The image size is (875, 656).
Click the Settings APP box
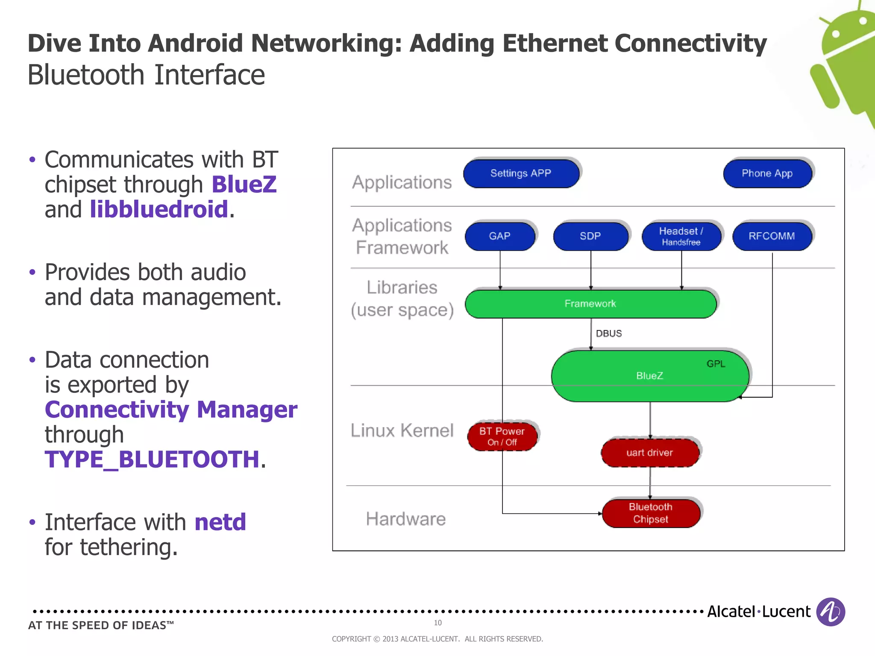point(521,173)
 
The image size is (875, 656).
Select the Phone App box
point(767,173)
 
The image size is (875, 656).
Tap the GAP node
point(499,236)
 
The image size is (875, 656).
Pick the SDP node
point(590,236)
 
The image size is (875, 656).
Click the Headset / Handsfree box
point(681,236)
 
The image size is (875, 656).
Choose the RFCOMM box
point(772,236)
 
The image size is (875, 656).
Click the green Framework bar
point(590,304)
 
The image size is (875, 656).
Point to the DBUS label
point(609,334)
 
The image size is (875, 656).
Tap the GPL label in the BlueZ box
point(716,364)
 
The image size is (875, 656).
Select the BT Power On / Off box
point(502,436)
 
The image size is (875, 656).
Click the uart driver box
point(649,453)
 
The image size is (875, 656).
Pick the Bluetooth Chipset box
point(651,513)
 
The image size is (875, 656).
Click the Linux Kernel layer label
point(402,430)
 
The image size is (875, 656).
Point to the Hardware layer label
point(405,519)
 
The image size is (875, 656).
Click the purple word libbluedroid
point(159,209)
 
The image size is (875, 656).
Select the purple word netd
point(220,522)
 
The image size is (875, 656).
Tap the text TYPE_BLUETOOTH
point(152,460)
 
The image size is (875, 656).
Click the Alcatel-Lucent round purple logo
point(830,612)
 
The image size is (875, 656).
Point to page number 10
point(437,623)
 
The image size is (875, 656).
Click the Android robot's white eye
point(836,33)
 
